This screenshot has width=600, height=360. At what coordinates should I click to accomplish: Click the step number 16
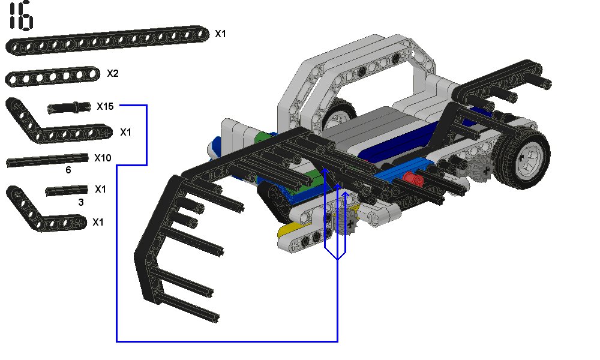21,16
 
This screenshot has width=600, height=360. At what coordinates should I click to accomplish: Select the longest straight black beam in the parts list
107,41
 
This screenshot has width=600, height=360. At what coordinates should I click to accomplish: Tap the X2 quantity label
113,73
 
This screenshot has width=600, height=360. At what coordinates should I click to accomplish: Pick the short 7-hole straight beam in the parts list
52,77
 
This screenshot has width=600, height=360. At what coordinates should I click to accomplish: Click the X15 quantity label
105,106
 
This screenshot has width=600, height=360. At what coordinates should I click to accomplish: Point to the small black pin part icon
69,107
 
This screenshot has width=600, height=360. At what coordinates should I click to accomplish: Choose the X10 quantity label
103,158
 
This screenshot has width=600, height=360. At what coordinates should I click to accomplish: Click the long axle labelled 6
47,160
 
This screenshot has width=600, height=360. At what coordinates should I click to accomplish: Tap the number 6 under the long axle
68,170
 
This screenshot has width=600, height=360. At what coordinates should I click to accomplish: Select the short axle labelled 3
67,190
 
